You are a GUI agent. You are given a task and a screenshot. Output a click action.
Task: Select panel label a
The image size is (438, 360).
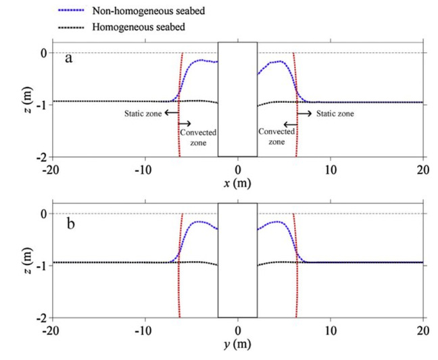(69, 58)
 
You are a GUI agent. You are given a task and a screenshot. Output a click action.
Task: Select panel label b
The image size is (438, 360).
(69, 219)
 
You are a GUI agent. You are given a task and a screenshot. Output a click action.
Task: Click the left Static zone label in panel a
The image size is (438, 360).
(143, 114)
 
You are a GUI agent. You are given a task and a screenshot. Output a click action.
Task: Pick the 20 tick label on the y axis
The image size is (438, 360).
(423, 332)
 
